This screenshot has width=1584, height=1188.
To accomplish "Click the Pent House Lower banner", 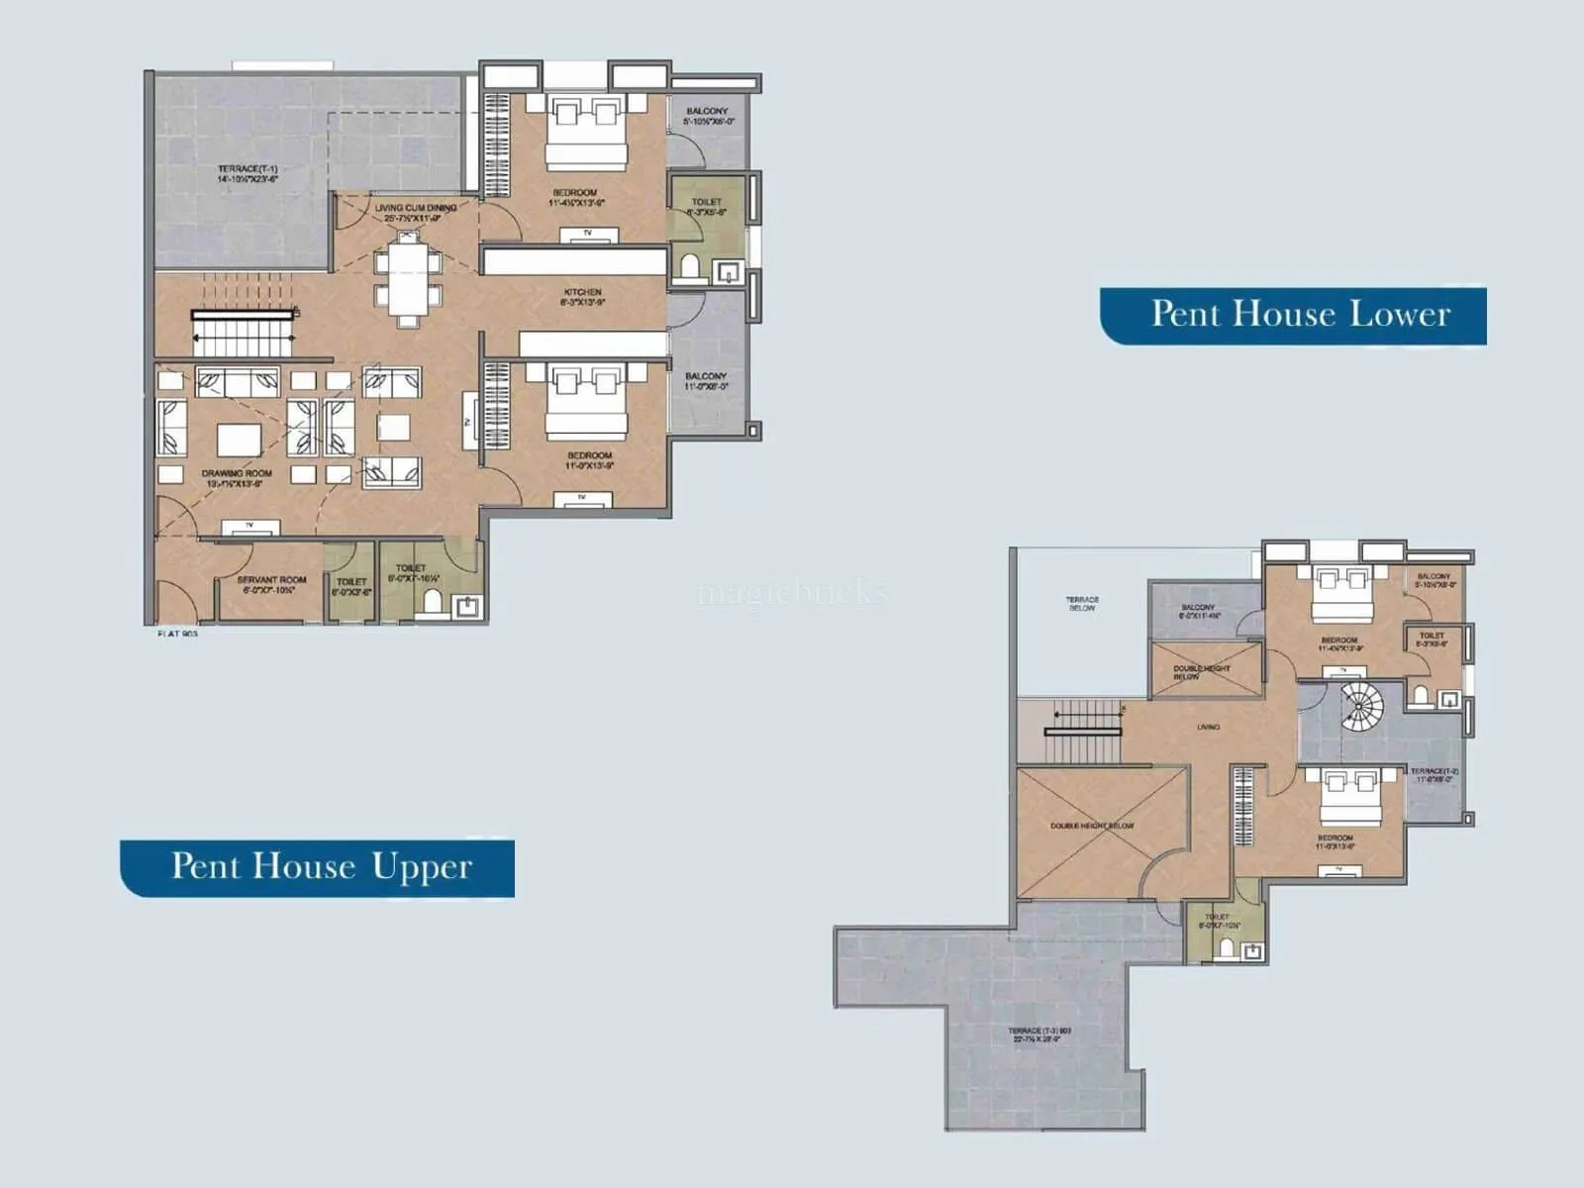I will (x=1293, y=315).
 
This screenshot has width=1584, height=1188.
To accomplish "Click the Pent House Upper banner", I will (x=318, y=867).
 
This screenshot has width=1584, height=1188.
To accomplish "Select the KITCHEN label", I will (x=582, y=296).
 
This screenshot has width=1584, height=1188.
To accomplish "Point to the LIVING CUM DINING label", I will (x=416, y=212).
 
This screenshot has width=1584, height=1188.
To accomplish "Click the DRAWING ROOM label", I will (x=237, y=478).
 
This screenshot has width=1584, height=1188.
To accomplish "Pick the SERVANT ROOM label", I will (x=271, y=584).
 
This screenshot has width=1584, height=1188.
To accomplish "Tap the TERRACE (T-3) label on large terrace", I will (x=1039, y=1036).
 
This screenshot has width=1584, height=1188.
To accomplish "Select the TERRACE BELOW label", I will (x=1082, y=603).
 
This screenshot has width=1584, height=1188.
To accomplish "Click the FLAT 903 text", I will (x=177, y=633).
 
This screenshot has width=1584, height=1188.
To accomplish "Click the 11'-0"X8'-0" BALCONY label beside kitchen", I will (x=706, y=381).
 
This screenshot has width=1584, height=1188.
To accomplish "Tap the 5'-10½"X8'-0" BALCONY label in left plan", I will (x=707, y=116).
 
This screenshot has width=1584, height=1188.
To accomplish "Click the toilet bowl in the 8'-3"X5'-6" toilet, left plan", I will (x=689, y=267).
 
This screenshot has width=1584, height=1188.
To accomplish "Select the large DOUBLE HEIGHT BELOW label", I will (x=1092, y=826).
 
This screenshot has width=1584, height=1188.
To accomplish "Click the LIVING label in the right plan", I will (x=1208, y=727).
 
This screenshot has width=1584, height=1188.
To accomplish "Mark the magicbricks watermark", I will (x=792, y=593).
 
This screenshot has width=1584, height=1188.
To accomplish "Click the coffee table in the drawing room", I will (x=239, y=439).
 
